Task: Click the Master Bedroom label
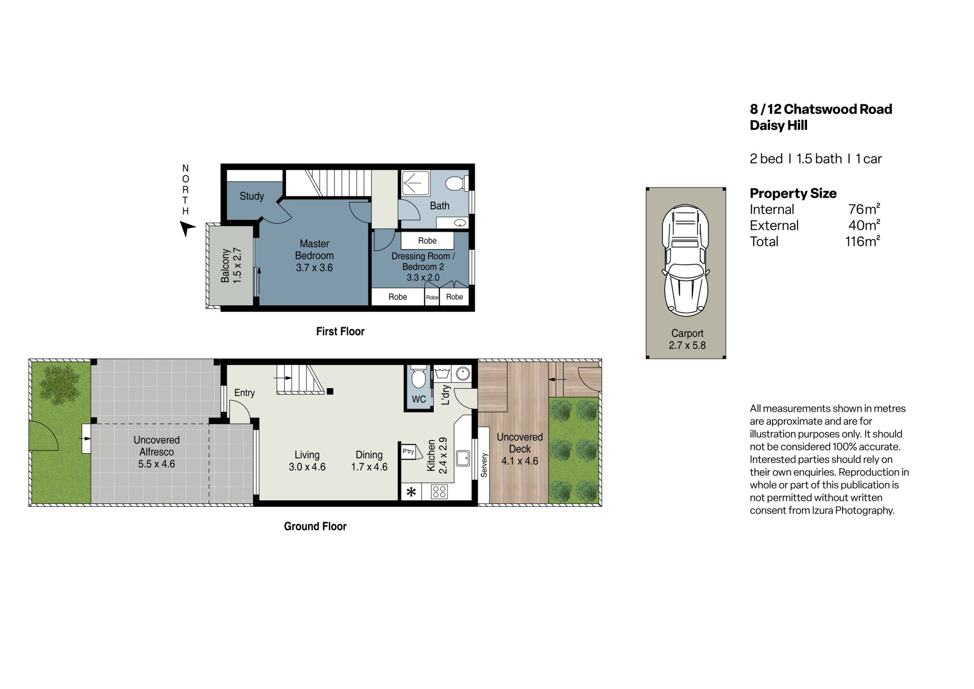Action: point(315,256)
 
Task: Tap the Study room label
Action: point(252,196)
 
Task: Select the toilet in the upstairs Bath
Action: point(456,183)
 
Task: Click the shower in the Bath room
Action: point(415,183)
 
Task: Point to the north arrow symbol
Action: point(187,229)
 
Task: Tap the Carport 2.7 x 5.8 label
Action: point(687,339)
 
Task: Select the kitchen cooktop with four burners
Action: point(439,492)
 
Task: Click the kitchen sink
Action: point(463,458)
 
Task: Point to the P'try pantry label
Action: point(408,451)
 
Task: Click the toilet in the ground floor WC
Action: point(419,376)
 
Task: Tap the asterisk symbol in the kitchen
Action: point(411,492)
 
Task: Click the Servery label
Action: point(484,465)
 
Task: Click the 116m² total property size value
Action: point(862,241)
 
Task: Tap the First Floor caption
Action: point(340,331)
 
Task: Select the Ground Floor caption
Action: point(315,526)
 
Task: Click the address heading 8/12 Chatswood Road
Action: point(821,109)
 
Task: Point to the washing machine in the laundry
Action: point(463,374)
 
